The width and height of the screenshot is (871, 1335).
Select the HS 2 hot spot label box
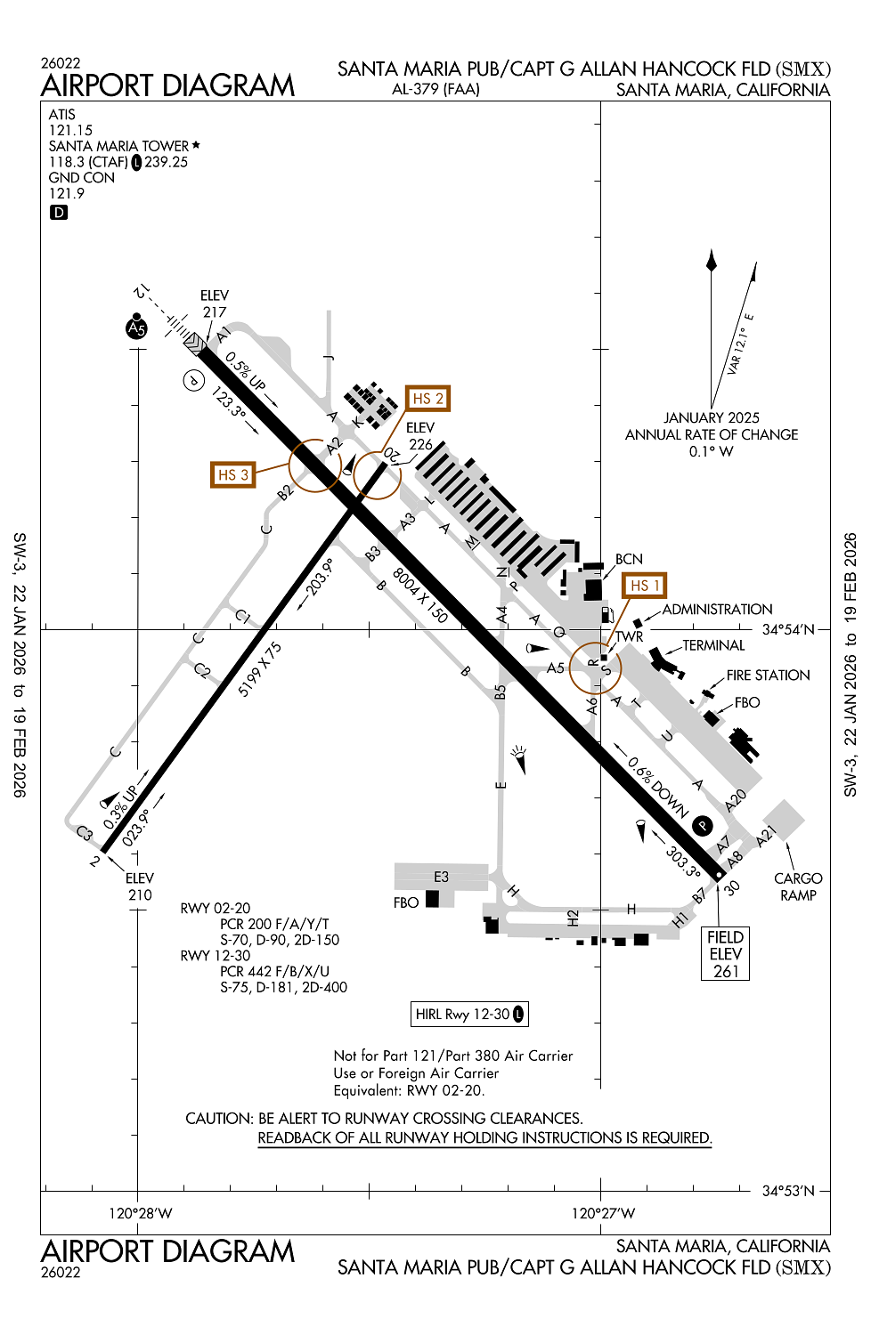click(x=427, y=399)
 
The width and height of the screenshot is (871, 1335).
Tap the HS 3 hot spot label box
click(x=232, y=474)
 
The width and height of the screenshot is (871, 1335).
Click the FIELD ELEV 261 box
click(x=726, y=954)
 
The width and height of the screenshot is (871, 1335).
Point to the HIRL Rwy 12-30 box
click(x=469, y=1014)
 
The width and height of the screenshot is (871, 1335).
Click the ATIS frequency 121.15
click(x=71, y=131)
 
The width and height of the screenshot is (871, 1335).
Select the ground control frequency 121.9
click(x=67, y=193)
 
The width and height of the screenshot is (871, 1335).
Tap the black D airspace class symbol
click(x=59, y=212)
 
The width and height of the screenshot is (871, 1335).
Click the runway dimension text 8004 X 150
click(x=420, y=595)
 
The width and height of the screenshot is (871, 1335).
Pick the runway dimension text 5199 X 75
click(x=260, y=668)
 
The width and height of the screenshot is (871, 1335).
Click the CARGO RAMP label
click(x=798, y=886)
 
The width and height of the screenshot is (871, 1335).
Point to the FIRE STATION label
click(x=768, y=676)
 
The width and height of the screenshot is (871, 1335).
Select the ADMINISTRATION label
click(x=717, y=610)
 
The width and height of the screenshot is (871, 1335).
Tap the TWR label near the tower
click(x=629, y=636)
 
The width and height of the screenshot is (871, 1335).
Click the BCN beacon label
click(x=629, y=559)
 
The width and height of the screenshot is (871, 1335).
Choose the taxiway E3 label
click(x=441, y=877)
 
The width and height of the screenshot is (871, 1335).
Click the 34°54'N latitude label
click(x=788, y=629)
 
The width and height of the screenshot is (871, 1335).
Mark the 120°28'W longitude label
click(x=140, y=1213)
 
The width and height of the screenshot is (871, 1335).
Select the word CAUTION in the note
click(x=218, y=1118)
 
